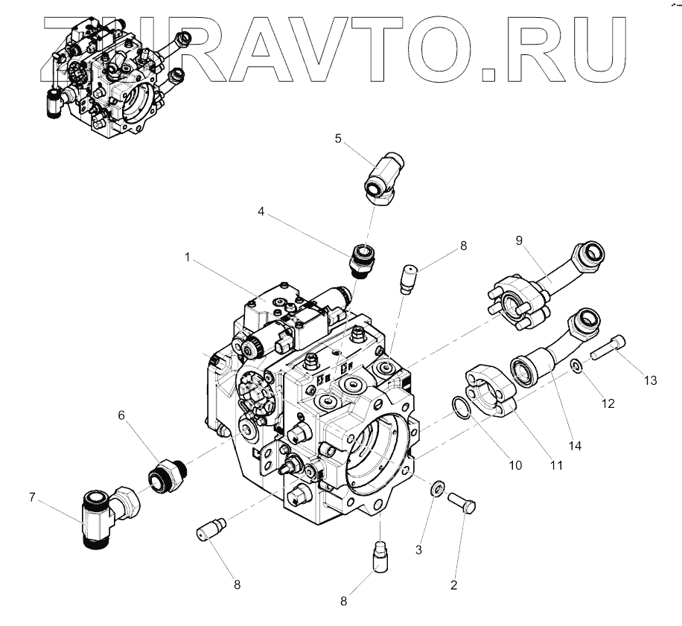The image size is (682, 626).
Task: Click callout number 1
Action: (188, 257)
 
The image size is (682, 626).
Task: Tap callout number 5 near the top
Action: (338, 138)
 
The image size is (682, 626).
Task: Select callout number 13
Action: (650, 380)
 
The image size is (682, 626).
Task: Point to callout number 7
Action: (32, 497)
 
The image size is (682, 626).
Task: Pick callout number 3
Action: (418, 549)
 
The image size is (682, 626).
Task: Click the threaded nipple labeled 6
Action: (165, 473)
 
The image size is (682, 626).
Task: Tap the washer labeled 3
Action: (438, 488)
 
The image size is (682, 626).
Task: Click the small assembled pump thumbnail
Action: (112, 78)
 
